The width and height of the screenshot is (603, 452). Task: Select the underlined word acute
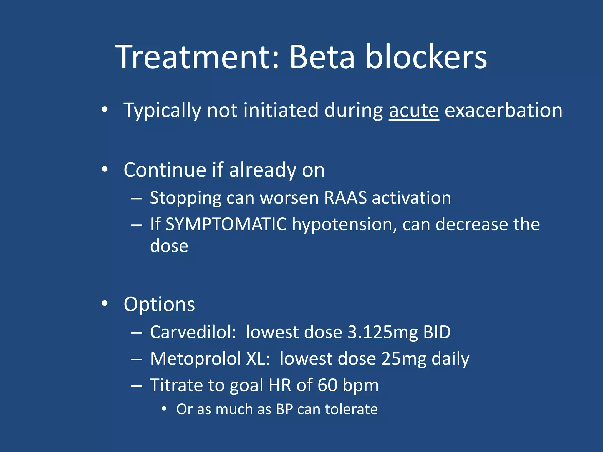pyautogui.click(x=414, y=110)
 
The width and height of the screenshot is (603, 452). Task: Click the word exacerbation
pyautogui.click(x=503, y=110)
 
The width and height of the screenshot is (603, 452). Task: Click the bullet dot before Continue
pyautogui.click(x=105, y=169)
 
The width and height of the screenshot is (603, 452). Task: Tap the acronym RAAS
pyautogui.click(x=345, y=198)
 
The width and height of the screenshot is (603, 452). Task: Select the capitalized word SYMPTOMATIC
pyautogui.click(x=226, y=224)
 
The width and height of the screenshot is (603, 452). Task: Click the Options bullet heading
pyautogui.click(x=159, y=304)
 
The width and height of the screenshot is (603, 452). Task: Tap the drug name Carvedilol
pyautogui.click(x=193, y=332)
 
